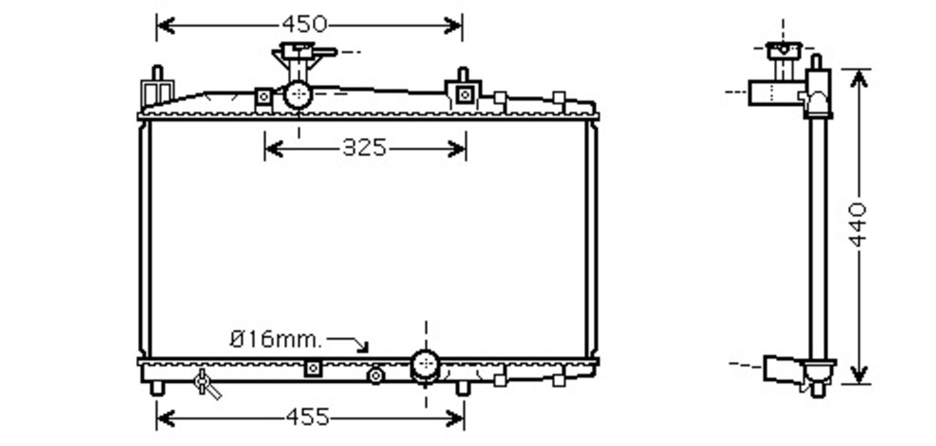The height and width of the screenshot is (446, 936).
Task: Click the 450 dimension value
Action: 304,25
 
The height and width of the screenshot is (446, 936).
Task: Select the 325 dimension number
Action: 365,147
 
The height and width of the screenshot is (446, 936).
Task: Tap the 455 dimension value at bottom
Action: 307,418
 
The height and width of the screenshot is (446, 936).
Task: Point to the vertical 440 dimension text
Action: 858,225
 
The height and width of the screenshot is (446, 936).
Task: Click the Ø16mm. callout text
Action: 276,340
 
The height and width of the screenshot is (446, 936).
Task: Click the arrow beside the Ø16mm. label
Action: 347,344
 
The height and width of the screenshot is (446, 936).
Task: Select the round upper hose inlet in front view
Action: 297,94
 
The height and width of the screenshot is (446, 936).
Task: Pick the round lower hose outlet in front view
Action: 425,365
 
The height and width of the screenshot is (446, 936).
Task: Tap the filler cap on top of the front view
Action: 303,52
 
